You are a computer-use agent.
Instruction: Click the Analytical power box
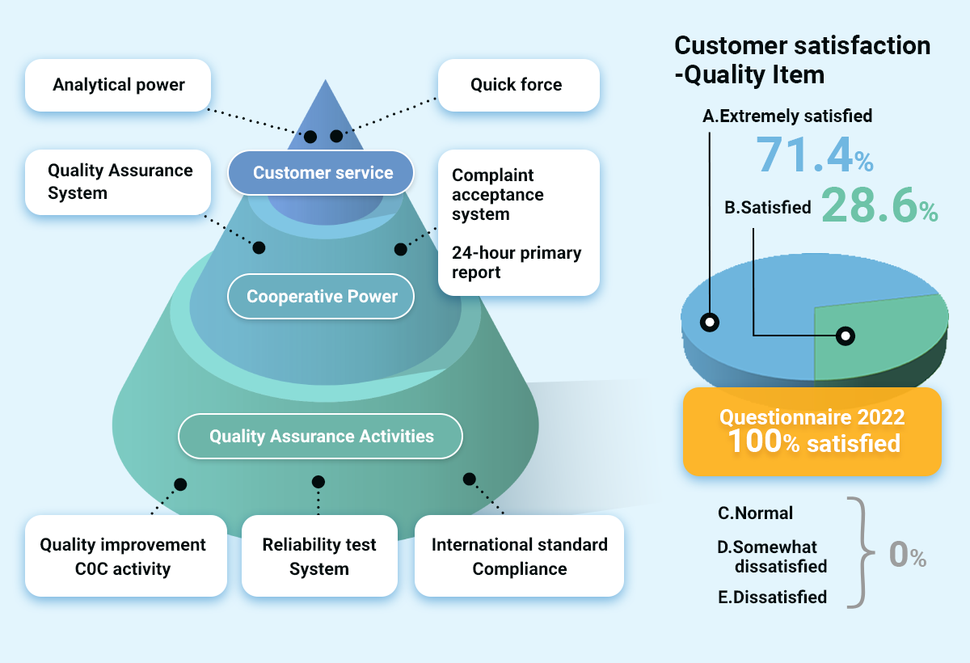(x=118, y=85)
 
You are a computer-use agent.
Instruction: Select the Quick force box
(x=518, y=85)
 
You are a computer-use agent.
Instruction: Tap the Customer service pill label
(x=322, y=172)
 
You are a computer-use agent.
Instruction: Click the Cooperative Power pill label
(x=321, y=297)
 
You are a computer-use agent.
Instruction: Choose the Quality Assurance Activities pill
(x=321, y=437)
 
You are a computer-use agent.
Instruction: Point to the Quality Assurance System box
(x=118, y=182)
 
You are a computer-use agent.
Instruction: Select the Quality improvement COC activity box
(x=125, y=556)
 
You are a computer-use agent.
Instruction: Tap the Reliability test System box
(x=319, y=556)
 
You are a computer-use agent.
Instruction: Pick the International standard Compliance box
(x=519, y=556)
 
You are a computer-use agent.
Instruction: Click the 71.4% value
(x=813, y=155)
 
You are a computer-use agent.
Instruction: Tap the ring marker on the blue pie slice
(x=710, y=322)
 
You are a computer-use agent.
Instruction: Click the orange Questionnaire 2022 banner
(x=812, y=431)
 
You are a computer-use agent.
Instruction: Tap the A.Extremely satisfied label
(x=787, y=116)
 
